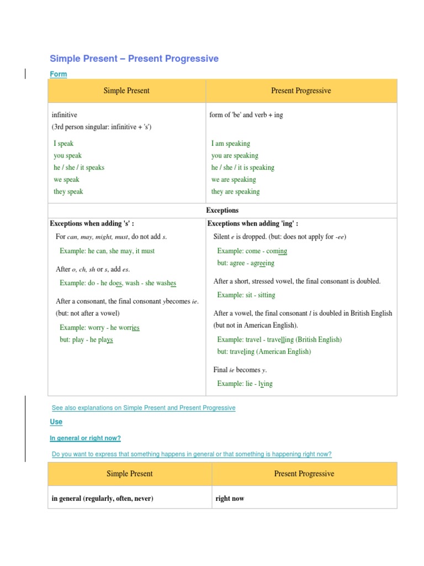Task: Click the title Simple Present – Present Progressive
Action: pos(134,59)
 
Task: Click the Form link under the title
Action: pos(58,74)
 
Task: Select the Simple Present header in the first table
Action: pos(126,91)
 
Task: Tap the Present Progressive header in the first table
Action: pos(301,91)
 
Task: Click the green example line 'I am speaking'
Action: pos(230,143)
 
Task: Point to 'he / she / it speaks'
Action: pos(78,167)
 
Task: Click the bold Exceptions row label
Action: pos(222,211)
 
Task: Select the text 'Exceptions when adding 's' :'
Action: pos(92,224)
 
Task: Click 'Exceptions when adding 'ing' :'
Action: pos(253,224)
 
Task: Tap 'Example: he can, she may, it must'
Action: pos(107,251)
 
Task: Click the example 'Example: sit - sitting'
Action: pos(246,295)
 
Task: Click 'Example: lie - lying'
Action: pos(245,384)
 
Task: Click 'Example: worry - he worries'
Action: pos(99,328)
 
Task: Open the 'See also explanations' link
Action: pos(144,408)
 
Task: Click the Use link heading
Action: pos(56,422)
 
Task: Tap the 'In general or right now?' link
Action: pos(85,438)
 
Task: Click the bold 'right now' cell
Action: pos(230,499)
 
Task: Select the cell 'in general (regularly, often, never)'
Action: pos(102,499)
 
